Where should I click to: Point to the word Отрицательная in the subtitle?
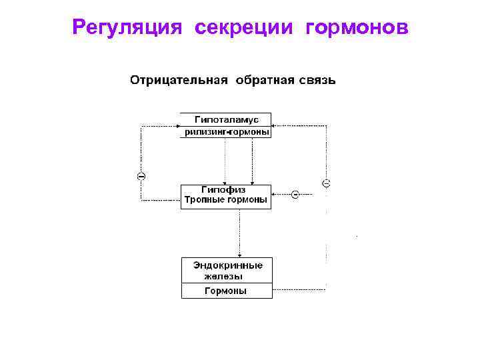(x=178, y=81)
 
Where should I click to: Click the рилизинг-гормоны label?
(x=227, y=132)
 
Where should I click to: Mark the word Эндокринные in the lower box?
(x=227, y=265)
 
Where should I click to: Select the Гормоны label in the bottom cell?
(x=225, y=291)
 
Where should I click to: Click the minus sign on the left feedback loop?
(x=141, y=176)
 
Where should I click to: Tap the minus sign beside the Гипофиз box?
(x=294, y=195)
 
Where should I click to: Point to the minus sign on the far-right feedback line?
(x=326, y=182)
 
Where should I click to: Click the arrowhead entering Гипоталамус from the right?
(x=275, y=125)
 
